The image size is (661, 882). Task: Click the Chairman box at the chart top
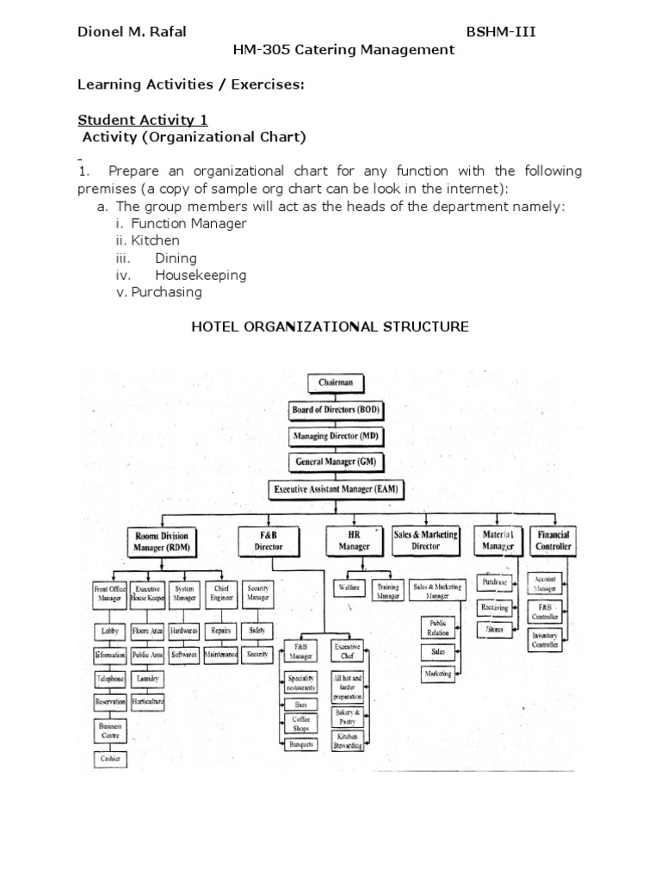pyautogui.click(x=330, y=383)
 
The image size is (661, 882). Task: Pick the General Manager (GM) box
pyautogui.click(x=330, y=462)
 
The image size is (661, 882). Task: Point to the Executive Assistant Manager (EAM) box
pyautogui.click(x=330, y=488)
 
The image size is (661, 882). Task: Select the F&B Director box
pyautogui.click(x=269, y=540)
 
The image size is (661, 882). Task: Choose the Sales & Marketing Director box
pyautogui.click(x=426, y=540)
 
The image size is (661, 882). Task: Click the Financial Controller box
pyautogui.click(x=553, y=540)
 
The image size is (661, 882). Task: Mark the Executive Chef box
pyautogui.click(x=348, y=650)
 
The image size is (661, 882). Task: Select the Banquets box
pyautogui.click(x=301, y=744)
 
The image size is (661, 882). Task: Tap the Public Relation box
pyautogui.click(x=439, y=628)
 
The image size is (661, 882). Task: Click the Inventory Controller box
pyautogui.click(x=544, y=639)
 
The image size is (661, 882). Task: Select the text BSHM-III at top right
pyautogui.click(x=503, y=32)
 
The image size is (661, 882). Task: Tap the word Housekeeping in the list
pyautogui.click(x=201, y=275)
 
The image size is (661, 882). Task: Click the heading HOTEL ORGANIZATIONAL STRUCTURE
pyautogui.click(x=329, y=326)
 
